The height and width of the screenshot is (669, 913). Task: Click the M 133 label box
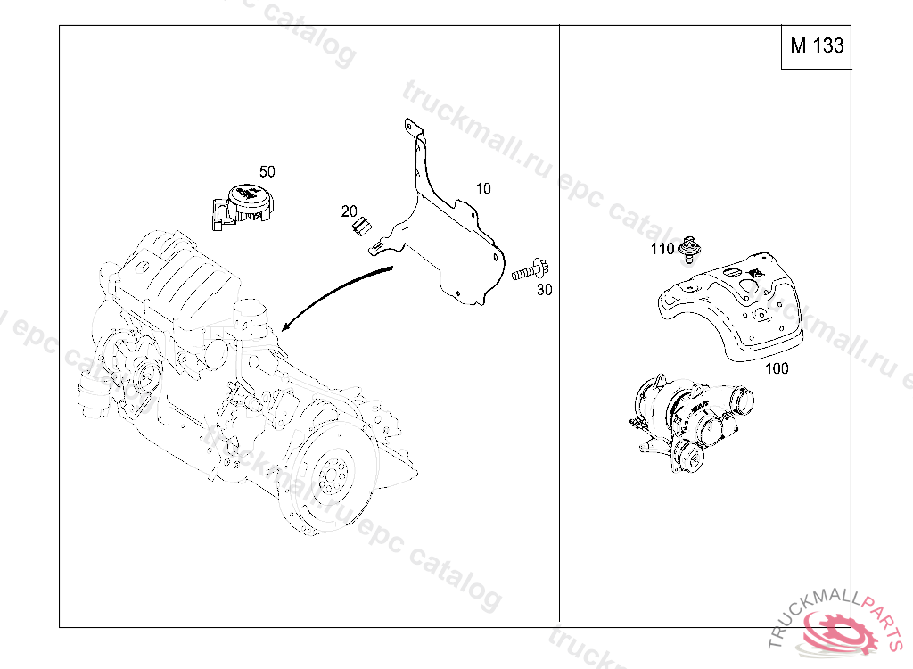(x=816, y=46)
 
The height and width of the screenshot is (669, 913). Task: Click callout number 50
(x=267, y=172)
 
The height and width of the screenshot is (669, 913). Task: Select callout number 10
(x=483, y=189)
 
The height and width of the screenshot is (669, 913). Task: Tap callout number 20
(x=350, y=211)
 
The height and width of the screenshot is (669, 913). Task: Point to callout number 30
(x=545, y=290)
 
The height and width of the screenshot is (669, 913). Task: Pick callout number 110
(x=662, y=249)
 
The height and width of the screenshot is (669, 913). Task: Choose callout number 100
(x=777, y=368)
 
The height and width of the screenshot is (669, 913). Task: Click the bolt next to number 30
(x=531, y=271)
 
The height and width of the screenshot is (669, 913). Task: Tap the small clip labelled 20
(x=362, y=226)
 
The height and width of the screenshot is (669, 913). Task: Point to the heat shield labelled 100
(x=731, y=306)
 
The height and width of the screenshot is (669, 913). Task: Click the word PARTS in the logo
(x=881, y=619)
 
